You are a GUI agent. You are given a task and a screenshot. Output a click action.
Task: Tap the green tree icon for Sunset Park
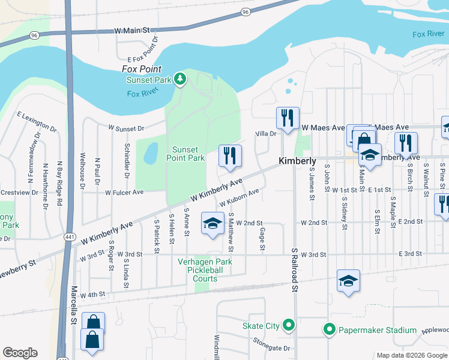(x=179, y=79)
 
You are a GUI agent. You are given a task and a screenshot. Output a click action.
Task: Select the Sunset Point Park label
(x=188, y=154)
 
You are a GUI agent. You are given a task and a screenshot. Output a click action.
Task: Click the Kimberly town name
(x=297, y=161)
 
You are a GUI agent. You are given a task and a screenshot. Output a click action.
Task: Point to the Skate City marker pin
(x=289, y=326)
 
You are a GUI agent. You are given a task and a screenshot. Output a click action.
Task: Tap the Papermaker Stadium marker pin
(x=329, y=329)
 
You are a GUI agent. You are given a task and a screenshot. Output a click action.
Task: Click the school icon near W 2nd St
(x=212, y=224)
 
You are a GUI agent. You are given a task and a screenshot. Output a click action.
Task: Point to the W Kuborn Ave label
(x=238, y=198)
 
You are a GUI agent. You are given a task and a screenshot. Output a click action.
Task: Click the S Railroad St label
(x=295, y=269)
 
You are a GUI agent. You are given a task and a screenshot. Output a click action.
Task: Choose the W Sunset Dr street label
(x=126, y=128)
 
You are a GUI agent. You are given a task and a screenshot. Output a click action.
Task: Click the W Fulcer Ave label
(x=124, y=193)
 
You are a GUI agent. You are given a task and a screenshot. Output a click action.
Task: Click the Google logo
(x=20, y=353)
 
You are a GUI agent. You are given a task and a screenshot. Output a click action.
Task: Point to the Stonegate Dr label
(x=271, y=348)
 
